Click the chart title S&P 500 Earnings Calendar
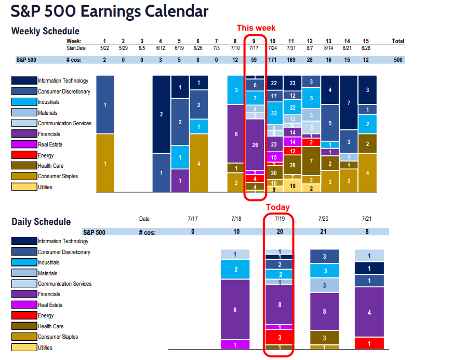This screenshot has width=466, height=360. click(110, 11)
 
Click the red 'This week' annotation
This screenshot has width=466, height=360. click(256, 28)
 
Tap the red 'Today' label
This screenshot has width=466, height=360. click(278, 207)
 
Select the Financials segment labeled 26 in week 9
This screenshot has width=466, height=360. click(255, 145)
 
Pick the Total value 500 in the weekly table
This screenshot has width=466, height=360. click(398, 60)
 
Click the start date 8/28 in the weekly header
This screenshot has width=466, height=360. click(366, 48)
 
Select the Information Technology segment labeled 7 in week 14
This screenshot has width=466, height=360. click(349, 103)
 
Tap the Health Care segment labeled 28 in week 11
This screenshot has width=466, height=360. click(292, 165)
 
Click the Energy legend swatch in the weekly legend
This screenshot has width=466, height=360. click(24, 155)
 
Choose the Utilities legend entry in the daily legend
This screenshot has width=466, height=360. click(44, 348)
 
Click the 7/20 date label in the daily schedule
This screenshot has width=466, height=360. click(324, 219)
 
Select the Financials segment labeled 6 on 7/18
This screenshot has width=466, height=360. click(236, 310)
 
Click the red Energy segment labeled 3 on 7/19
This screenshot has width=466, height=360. click(280, 337)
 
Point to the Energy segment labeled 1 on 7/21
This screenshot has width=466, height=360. click(369, 343)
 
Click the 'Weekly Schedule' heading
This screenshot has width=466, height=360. click(45, 31)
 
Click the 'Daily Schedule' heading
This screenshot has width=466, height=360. click(41, 222)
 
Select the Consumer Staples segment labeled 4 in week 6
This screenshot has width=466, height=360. click(198, 163)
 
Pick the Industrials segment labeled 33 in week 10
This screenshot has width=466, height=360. click(273, 113)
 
